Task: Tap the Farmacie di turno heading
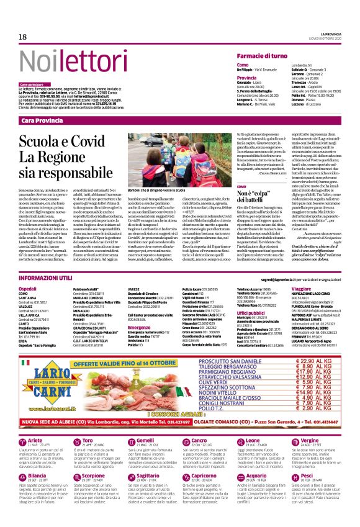pos(261,56)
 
